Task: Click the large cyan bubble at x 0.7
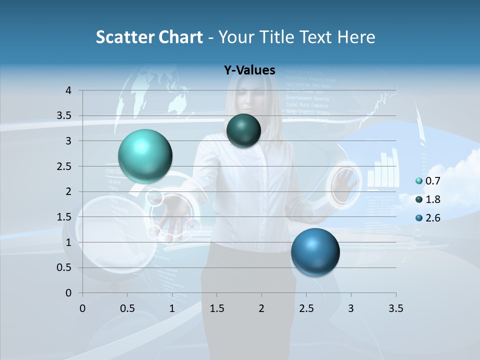click(x=145, y=156)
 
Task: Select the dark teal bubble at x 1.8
click(x=243, y=130)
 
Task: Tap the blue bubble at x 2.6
click(x=315, y=252)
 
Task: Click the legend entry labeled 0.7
click(x=432, y=181)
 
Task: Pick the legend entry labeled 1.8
click(x=432, y=199)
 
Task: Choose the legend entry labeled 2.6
click(x=432, y=217)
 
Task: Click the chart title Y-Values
click(x=249, y=70)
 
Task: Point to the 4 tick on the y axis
click(x=68, y=90)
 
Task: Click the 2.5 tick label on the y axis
click(x=64, y=166)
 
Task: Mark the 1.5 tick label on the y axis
click(x=64, y=217)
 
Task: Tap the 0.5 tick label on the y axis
click(x=64, y=268)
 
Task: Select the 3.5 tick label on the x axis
click(x=395, y=308)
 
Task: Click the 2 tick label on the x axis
click(x=261, y=308)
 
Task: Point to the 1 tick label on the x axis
click(x=172, y=308)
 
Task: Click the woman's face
click(x=249, y=97)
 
